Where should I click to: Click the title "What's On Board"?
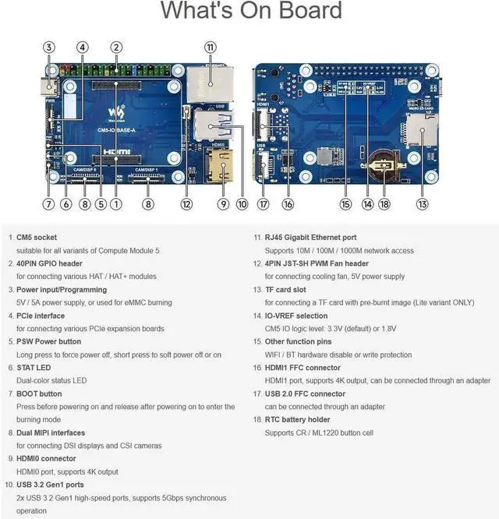[x=251, y=11]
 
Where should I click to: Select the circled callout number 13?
[x=422, y=204]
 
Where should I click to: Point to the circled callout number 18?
[x=384, y=204]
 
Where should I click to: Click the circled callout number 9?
[x=222, y=204]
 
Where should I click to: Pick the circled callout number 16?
[x=288, y=204]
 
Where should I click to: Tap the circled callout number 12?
[x=186, y=204]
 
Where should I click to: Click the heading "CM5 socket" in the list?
[x=37, y=238]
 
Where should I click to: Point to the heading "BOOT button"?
[x=39, y=394]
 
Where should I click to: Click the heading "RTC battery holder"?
[x=297, y=420]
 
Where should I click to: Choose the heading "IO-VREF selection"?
[x=296, y=316]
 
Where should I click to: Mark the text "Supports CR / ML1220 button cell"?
[x=319, y=432]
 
